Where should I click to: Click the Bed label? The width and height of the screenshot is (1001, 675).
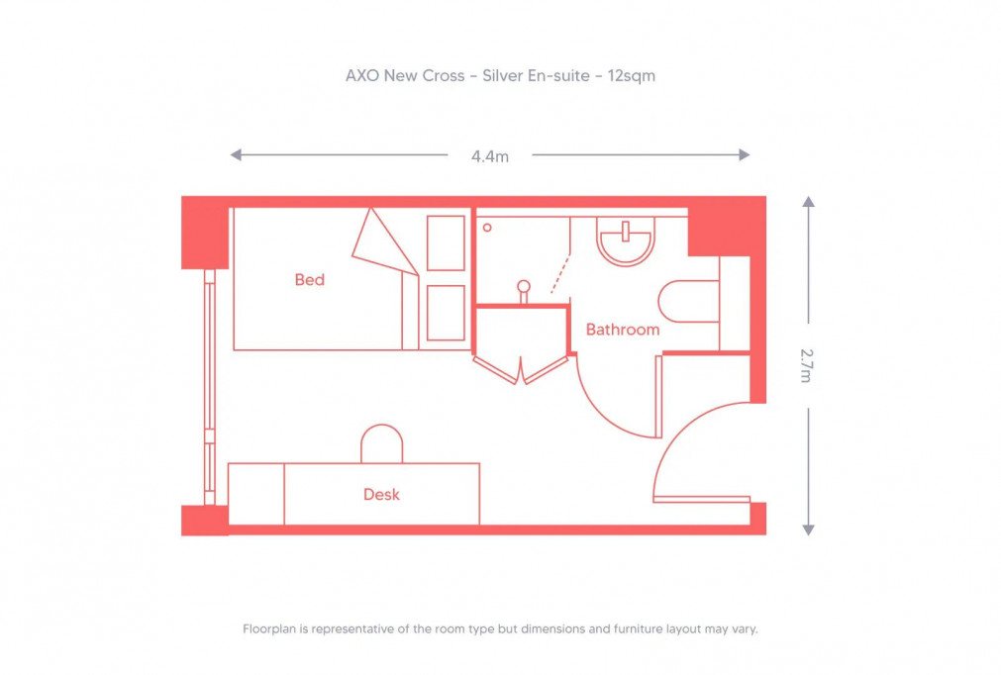click(x=310, y=280)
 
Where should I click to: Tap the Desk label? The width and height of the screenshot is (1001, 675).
click(x=381, y=494)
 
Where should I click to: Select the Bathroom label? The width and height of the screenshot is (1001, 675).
click(x=622, y=330)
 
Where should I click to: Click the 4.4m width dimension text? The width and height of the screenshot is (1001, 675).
click(x=490, y=155)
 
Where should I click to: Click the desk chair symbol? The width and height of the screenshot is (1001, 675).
click(x=381, y=443)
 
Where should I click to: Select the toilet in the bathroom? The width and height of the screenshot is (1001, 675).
click(x=689, y=301)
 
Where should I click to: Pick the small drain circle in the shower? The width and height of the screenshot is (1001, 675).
click(x=487, y=227)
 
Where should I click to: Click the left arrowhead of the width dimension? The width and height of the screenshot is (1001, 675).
click(x=236, y=154)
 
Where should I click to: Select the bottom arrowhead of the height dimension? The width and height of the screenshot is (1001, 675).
click(x=808, y=530)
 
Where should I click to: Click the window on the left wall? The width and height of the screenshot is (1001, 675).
click(x=209, y=386)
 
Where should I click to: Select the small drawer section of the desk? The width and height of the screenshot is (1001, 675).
click(x=256, y=494)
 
